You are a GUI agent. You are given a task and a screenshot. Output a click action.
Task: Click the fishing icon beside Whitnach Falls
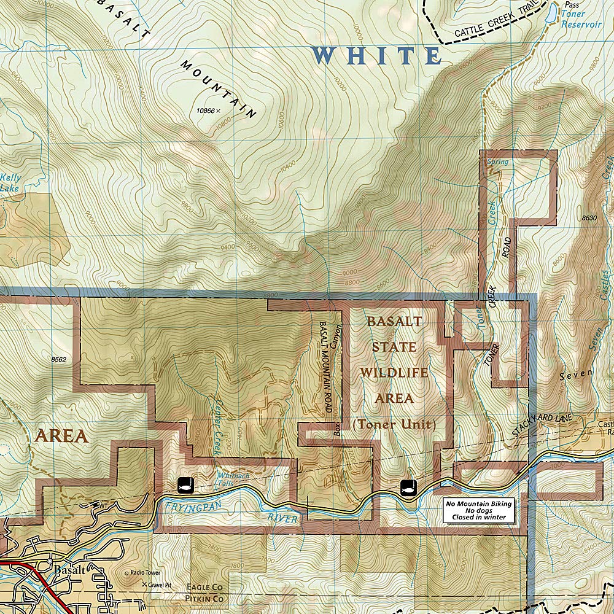(185, 484)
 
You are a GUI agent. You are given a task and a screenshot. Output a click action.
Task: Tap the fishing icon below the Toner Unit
(408, 488)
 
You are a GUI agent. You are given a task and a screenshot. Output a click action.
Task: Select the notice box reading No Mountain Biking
(477, 510)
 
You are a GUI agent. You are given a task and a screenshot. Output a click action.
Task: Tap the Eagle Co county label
(204, 587)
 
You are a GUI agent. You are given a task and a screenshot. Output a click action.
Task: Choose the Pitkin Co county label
(204, 597)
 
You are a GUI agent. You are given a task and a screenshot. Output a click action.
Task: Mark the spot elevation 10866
(204, 111)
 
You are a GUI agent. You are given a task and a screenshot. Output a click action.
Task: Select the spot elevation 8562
(59, 360)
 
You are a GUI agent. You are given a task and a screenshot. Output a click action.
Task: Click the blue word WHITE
(376, 56)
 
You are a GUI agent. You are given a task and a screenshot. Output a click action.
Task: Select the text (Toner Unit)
(394, 424)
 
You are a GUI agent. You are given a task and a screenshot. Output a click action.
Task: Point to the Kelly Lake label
(10, 183)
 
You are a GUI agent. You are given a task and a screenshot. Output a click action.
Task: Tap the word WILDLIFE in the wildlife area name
(394, 373)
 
